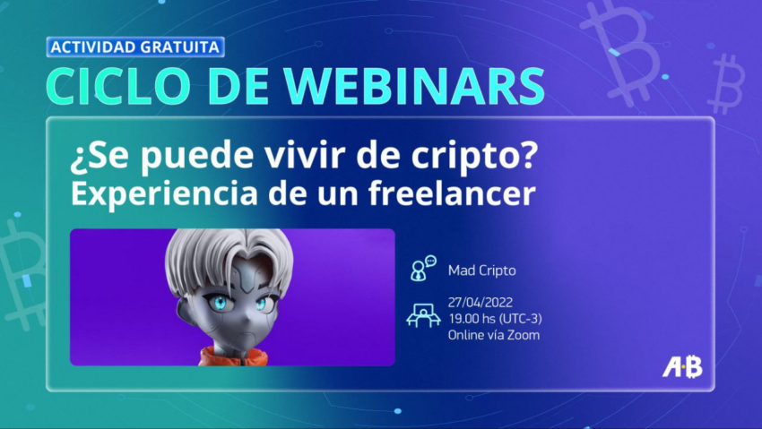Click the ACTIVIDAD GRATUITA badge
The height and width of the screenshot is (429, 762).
(x=135, y=47)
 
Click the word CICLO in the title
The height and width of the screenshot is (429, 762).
(x=118, y=87)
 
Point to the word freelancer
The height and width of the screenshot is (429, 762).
(x=452, y=193)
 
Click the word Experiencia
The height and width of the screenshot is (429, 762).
(x=164, y=194)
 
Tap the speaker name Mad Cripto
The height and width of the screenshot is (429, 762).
(x=481, y=270)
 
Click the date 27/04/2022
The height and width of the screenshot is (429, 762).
(x=481, y=303)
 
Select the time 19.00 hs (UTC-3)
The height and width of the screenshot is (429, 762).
(x=495, y=319)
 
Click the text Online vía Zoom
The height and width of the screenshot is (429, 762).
(x=494, y=335)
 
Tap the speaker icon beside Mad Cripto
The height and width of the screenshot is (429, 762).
(x=423, y=269)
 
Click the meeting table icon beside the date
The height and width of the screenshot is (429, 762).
(x=423, y=315)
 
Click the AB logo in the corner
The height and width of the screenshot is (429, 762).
(x=682, y=367)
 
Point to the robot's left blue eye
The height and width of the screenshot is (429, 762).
(x=220, y=304)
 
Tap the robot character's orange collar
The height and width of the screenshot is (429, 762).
(x=233, y=356)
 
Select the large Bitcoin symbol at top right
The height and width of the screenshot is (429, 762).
(x=621, y=51)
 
